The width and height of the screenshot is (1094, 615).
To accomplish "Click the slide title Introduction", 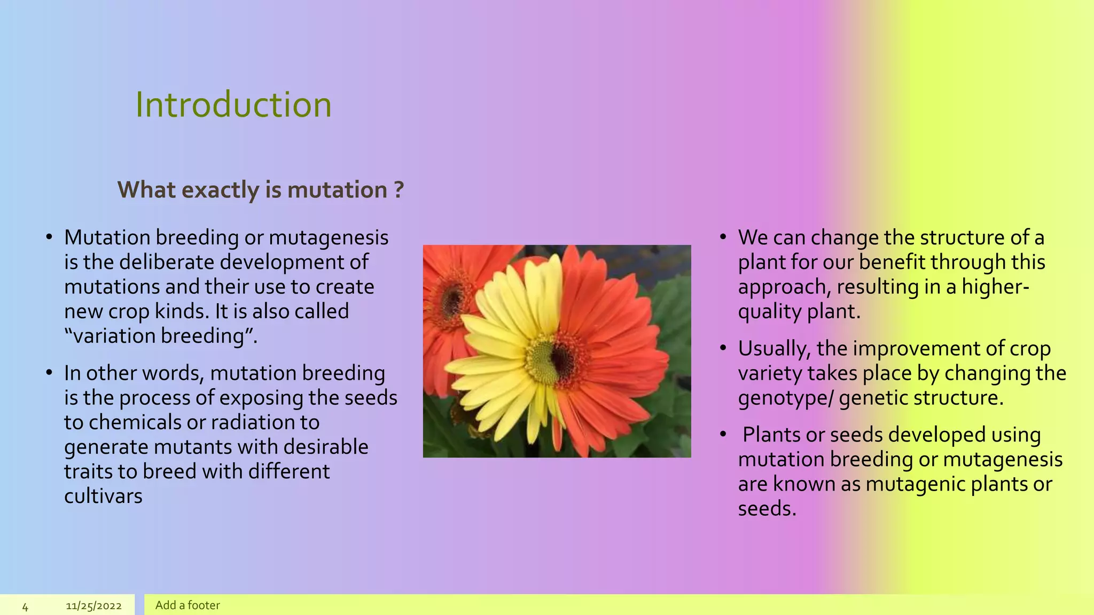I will pyautogui.click(x=233, y=104).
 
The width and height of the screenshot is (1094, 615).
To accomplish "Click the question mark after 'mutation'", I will pyautogui.click(x=398, y=190).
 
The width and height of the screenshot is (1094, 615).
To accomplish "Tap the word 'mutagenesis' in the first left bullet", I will pyautogui.click(x=329, y=238).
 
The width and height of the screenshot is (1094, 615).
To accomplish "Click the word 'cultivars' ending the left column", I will pyautogui.click(x=103, y=496).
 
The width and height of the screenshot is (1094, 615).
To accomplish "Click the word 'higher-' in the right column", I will pyautogui.click(x=995, y=287).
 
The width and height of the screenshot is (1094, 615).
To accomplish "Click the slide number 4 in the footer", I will pyautogui.click(x=25, y=606).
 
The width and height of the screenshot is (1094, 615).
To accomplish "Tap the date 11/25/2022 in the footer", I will pyautogui.click(x=93, y=606).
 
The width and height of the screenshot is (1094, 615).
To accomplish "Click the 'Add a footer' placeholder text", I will pyautogui.click(x=187, y=605).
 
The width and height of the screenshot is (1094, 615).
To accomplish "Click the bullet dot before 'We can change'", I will pyautogui.click(x=723, y=236).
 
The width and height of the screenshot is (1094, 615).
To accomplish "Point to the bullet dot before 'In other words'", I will pyautogui.click(x=49, y=372).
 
